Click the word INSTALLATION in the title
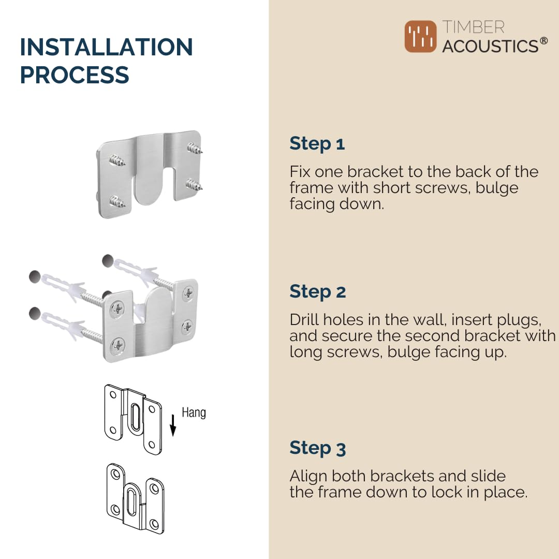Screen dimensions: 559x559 pyautogui.click(x=106, y=47)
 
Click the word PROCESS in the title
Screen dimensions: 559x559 pyautogui.click(x=75, y=75)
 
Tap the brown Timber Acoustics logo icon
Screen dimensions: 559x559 pyautogui.click(x=420, y=36)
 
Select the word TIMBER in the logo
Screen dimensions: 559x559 pyautogui.click(x=473, y=27)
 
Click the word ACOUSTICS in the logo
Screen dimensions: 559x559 pyautogui.click(x=490, y=46)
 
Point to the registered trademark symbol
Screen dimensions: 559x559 pyautogui.click(x=543, y=41)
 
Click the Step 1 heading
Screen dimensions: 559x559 pyautogui.click(x=317, y=144)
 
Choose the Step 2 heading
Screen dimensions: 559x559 pyautogui.click(x=318, y=292)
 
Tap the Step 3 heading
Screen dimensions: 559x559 pyautogui.click(x=318, y=448)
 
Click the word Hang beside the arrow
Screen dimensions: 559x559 pyautogui.click(x=194, y=413)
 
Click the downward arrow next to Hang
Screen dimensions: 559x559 pyautogui.click(x=173, y=425)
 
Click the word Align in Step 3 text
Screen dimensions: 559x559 pyautogui.click(x=308, y=476)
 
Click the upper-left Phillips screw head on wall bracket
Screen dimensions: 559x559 pyautogui.click(x=117, y=308)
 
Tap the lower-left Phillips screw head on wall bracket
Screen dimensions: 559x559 pyautogui.click(x=117, y=345)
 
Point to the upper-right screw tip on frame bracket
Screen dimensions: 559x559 pyautogui.click(x=200, y=152)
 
